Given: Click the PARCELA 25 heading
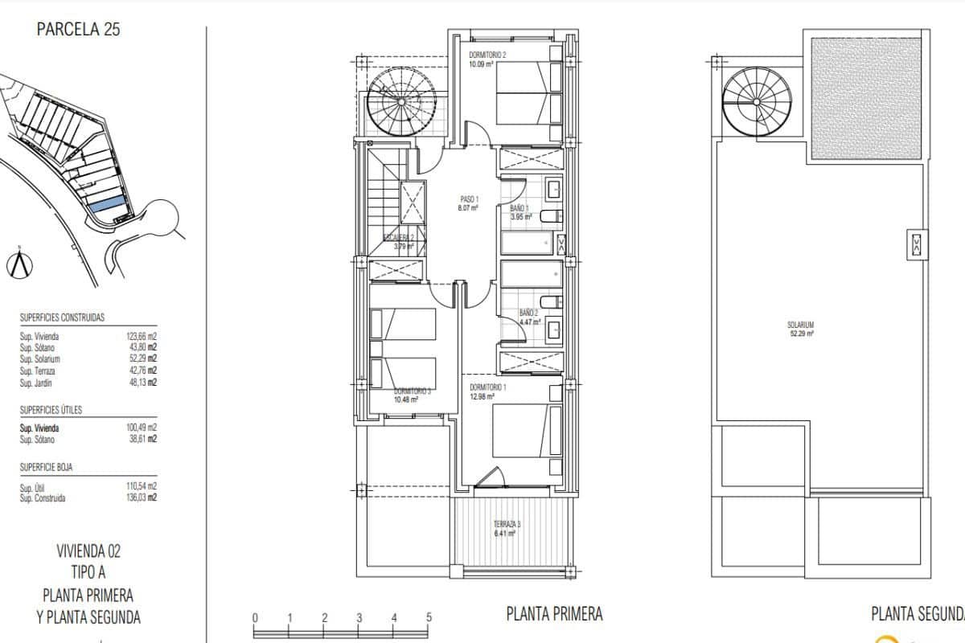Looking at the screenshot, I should coord(79,31).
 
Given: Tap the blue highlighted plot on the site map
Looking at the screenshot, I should coord(107,206).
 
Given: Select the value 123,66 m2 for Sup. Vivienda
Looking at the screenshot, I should coord(141,337).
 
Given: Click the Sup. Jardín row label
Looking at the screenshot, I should coord(36,383).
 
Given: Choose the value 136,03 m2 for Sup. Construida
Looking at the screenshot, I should coord(141,498).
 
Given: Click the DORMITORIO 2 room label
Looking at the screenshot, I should coord(488,55).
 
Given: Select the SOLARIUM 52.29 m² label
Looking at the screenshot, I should coord(801,329).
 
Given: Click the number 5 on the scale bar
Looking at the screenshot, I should coord(429,618).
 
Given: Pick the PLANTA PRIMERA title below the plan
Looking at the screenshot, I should coord(554,614).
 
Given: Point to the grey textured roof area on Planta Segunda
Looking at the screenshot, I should coord(865,98).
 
